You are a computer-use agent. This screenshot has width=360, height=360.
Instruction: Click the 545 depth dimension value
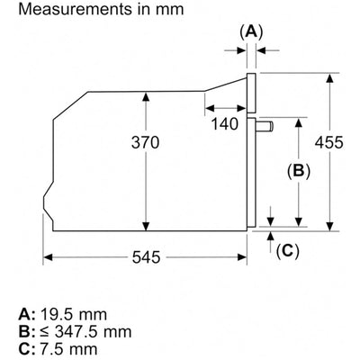point(146,257)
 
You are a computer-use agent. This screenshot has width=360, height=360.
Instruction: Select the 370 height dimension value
point(145,142)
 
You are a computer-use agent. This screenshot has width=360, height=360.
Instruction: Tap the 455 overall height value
point(328,142)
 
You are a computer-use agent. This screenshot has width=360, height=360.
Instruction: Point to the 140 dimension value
point(225,123)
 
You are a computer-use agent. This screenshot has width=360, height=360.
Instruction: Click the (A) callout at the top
point(251,31)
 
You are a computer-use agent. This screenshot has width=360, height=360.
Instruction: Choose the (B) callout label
point(299,171)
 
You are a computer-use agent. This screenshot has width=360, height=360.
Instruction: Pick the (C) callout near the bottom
point(288,250)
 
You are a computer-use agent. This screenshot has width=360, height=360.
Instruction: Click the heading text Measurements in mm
point(101,9)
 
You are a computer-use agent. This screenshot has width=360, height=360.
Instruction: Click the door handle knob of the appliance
point(265,127)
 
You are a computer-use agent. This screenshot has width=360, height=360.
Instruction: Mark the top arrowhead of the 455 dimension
point(330,78)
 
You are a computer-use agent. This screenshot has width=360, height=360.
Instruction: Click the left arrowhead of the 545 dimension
point(48,257)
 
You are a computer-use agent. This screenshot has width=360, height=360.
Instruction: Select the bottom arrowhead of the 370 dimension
point(146,226)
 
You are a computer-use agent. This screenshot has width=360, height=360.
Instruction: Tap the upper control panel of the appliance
point(251,93)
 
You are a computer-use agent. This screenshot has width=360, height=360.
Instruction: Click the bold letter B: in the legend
point(28,332)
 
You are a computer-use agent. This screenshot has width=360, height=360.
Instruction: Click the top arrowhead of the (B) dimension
point(299,123)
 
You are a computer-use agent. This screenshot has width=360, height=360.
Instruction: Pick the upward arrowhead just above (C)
point(271,236)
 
